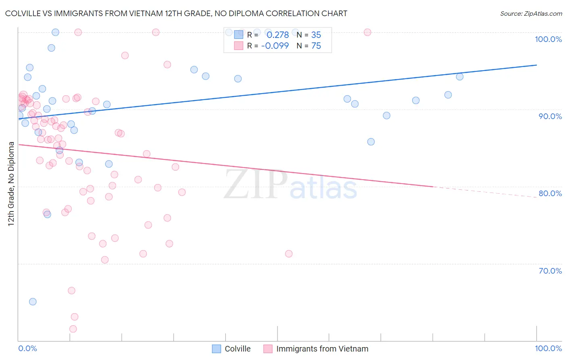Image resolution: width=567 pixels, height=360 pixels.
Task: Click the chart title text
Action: coord(176,14)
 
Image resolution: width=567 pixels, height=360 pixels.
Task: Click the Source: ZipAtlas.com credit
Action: coord(531,14)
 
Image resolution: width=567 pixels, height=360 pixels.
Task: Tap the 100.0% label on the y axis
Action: coord(548,39)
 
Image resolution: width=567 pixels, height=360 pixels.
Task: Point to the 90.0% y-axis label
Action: coord(550,116)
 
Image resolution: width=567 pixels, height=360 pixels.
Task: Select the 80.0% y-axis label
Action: coord(550,193)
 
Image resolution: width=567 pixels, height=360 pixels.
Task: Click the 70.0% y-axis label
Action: coord(550,271)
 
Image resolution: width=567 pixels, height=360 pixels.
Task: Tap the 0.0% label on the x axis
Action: coord(27,348)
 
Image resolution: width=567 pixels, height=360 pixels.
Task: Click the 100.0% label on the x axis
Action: coord(548,348)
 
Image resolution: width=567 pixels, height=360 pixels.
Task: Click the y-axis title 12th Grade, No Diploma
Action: coord(11,184)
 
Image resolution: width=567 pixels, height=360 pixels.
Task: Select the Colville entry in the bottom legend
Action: coord(231,349)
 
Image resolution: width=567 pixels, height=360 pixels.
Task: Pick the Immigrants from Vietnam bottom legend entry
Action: coord(316,349)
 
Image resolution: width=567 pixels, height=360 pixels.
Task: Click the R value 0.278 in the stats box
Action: coord(277,35)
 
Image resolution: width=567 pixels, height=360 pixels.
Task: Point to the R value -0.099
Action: coord(275,46)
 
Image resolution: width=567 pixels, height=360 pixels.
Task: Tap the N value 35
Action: coord(316,35)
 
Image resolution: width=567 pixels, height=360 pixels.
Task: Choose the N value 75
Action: coord(316,46)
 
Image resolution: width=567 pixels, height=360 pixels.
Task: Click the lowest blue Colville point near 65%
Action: coord(33,302)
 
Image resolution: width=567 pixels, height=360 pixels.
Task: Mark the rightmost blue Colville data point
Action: coord(459,77)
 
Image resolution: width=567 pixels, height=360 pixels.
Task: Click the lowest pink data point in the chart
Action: coord(73,329)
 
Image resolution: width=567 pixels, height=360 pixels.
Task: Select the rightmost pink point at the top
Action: coord(367,32)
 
